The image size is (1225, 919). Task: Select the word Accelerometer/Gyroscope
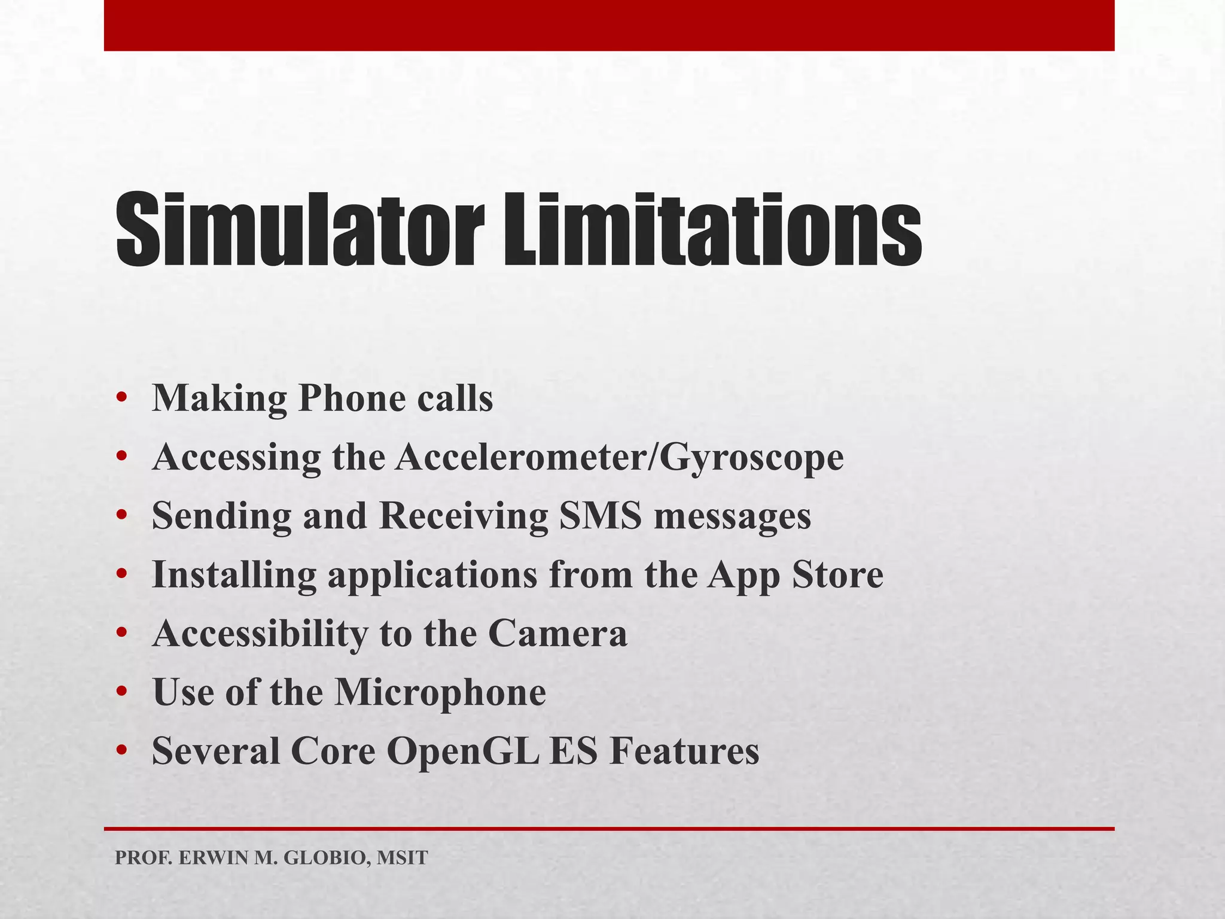[618, 458]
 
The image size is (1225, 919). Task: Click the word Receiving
[464, 516]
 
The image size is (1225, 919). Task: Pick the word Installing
[234, 575]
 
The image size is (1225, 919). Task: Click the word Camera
[557, 633]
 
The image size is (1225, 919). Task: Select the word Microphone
[440, 692]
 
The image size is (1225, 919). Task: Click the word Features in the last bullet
[684, 751]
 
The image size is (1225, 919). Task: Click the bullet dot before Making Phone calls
[122, 398]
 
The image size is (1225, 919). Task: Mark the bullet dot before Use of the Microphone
[122, 693]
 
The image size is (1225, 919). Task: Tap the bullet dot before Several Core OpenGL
[122, 751]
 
